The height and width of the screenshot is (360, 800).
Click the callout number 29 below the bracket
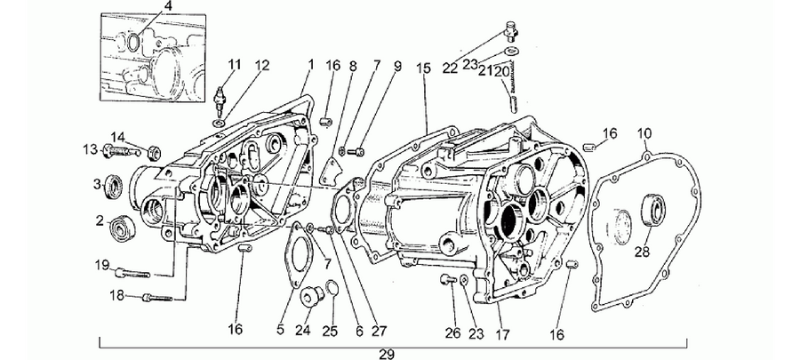pyautogui.click(x=388, y=354)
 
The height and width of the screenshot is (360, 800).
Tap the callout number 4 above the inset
pyautogui.click(x=168, y=6)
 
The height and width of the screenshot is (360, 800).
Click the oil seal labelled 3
pyautogui.click(x=114, y=187)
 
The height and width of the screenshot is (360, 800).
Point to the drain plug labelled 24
pyautogui.click(x=311, y=297)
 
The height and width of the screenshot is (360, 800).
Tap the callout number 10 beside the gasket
pyautogui.click(x=644, y=133)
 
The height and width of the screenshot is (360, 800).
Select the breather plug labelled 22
pyautogui.click(x=512, y=29)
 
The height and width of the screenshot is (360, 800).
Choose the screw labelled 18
pyautogui.click(x=157, y=297)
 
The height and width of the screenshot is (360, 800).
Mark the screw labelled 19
pyautogui.click(x=133, y=273)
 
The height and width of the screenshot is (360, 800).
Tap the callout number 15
pyautogui.click(x=423, y=68)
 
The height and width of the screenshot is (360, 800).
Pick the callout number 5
pyautogui.click(x=280, y=331)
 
